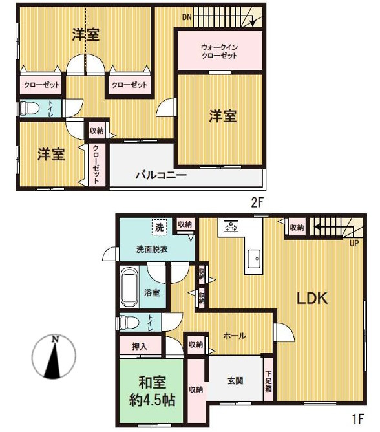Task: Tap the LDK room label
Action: (313, 299)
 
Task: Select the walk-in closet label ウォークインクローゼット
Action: (219, 51)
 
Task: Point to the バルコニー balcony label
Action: (160, 175)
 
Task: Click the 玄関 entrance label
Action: (235, 381)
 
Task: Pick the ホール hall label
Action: (234, 336)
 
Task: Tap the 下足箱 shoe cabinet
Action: (268, 383)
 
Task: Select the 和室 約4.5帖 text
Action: (151, 391)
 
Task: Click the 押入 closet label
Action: (140, 347)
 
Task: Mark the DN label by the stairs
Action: (186, 17)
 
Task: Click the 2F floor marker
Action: (258, 202)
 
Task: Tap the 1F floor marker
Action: (359, 419)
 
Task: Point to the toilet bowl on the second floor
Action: (28, 108)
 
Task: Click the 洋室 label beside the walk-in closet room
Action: (222, 116)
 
